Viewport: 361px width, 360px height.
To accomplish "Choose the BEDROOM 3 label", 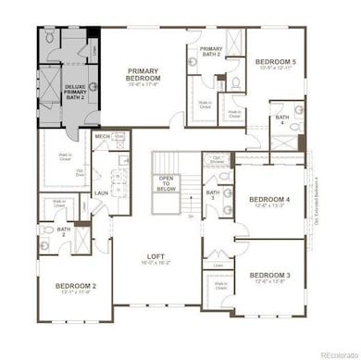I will [x=268, y=275].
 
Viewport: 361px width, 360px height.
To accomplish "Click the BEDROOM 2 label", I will [x=72, y=287].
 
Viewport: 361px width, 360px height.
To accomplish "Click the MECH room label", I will [x=102, y=136].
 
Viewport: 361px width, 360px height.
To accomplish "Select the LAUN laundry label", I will [x=101, y=193].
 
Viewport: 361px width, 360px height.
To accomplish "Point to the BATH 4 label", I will [x=281, y=118].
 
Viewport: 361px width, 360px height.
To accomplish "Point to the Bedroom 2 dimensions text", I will [x=72, y=294].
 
